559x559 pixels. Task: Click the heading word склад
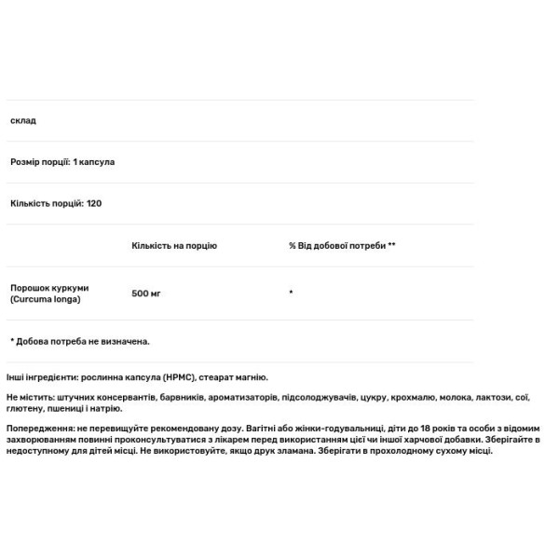tap(23, 121)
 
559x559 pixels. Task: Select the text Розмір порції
tap(37, 161)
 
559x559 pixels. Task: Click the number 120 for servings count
tap(93, 202)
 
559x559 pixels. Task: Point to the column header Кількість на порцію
tap(174, 246)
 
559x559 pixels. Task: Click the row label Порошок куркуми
tap(49, 287)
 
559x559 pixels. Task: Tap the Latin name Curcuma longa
tap(47, 299)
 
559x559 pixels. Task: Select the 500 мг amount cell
tap(147, 293)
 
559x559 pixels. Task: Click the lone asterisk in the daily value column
tap(292, 293)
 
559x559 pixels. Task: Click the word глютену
tap(24, 409)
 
